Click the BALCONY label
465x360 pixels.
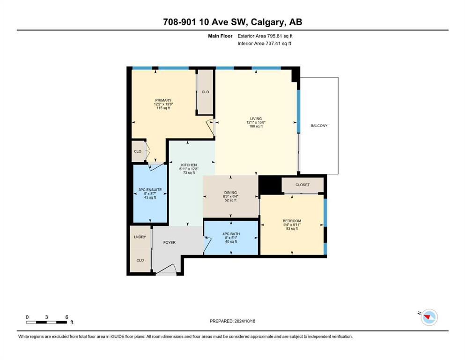click(x=319, y=126)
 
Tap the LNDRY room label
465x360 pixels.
click(x=140, y=237)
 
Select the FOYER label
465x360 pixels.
click(x=170, y=242)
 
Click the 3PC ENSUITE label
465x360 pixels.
click(x=150, y=190)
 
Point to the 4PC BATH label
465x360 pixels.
click(x=231, y=234)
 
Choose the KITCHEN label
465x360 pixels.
click(x=189, y=165)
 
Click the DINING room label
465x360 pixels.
click(x=230, y=192)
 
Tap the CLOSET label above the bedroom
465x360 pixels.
click(x=303, y=185)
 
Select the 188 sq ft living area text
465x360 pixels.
click(x=256, y=126)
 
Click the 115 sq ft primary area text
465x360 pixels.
click(x=163, y=108)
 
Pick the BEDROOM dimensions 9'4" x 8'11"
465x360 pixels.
click(x=292, y=225)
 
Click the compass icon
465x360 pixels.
click(x=429, y=317)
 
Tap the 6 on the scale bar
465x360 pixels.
click(x=66, y=317)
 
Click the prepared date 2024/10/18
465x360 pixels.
click(x=244, y=321)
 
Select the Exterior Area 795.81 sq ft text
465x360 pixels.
click(x=265, y=36)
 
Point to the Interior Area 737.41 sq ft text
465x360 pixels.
click(x=264, y=43)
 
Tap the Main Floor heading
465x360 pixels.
click(x=220, y=36)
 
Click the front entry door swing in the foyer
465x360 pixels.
click(x=166, y=269)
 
